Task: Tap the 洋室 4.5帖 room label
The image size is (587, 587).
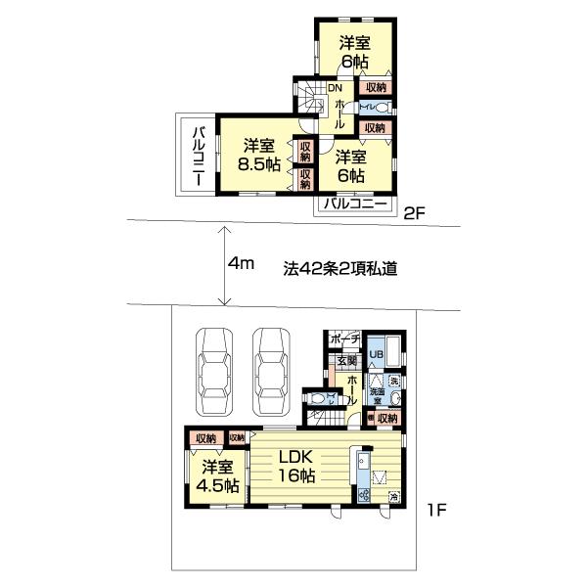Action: click(x=215, y=476)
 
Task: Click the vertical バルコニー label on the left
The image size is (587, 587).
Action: click(x=197, y=156)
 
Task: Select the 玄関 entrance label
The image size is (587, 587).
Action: click(x=346, y=360)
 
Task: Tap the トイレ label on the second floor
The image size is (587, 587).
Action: click(x=367, y=107)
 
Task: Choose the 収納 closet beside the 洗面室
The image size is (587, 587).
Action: click(x=387, y=418)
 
